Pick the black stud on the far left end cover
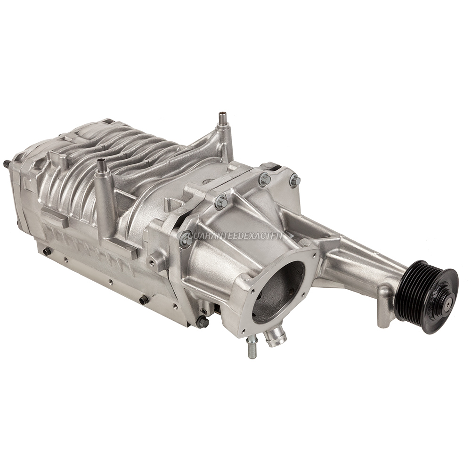click(x=7, y=162)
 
